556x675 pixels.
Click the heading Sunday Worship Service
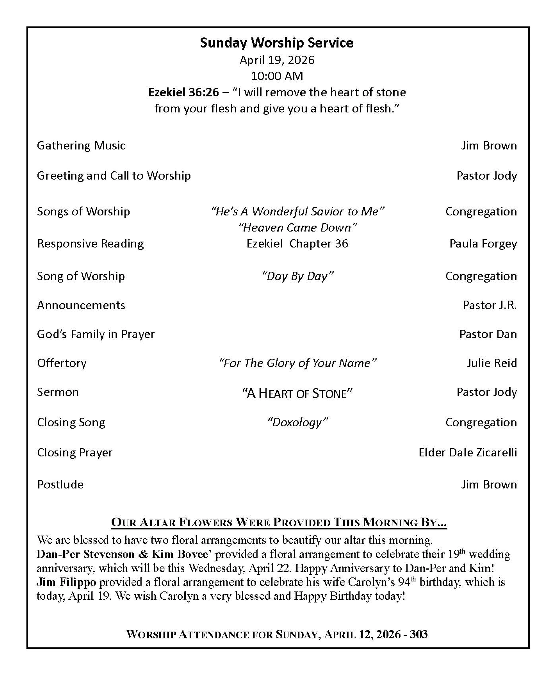(x=276, y=43)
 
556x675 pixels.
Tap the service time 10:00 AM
(x=277, y=76)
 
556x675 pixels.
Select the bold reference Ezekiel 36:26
(x=183, y=92)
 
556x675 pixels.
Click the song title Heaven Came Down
(x=297, y=227)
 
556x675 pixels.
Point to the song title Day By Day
(x=297, y=276)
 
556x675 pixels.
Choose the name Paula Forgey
(x=483, y=244)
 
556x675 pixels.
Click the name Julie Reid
(x=492, y=363)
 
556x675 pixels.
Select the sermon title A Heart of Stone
(x=297, y=393)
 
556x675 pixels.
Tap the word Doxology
(x=297, y=422)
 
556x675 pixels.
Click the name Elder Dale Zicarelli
(x=468, y=452)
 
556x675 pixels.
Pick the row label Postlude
(x=60, y=484)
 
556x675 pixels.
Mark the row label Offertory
(x=62, y=363)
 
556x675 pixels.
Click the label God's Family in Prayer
(x=96, y=334)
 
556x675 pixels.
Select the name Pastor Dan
(x=488, y=334)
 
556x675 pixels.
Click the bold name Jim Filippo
(x=66, y=582)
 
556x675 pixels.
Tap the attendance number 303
(x=419, y=634)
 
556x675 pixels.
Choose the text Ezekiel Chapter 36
(x=297, y=244)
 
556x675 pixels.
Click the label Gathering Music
(x=81, y=145)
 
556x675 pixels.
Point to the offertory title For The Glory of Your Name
(x=297, y=363)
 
